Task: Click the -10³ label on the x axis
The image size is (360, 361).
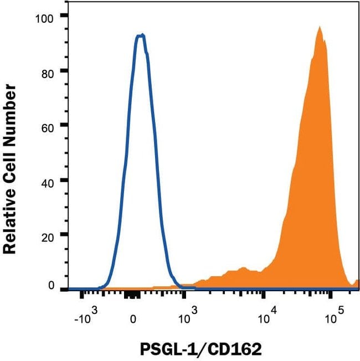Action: click(x=87, y=319)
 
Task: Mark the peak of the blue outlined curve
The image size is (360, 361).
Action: click(x=141, y=35)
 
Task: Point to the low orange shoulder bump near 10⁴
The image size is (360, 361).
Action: click(x=241, y=269)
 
